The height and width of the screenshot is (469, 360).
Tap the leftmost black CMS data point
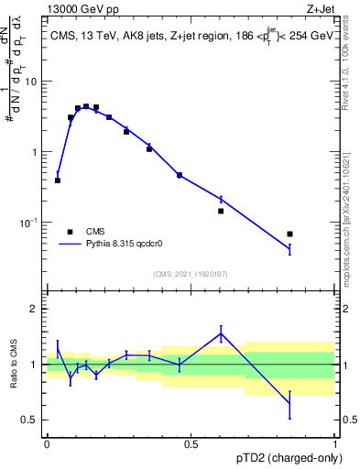pyautogui.click(x=58, y=180)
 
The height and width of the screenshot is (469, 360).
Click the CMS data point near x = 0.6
pyautogui.click(x=221, y=211)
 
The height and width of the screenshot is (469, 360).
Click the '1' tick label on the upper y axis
pyautogui.click(x=36, y=152)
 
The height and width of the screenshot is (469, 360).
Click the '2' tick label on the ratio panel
pyautogui.click(x=36, y=309)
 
